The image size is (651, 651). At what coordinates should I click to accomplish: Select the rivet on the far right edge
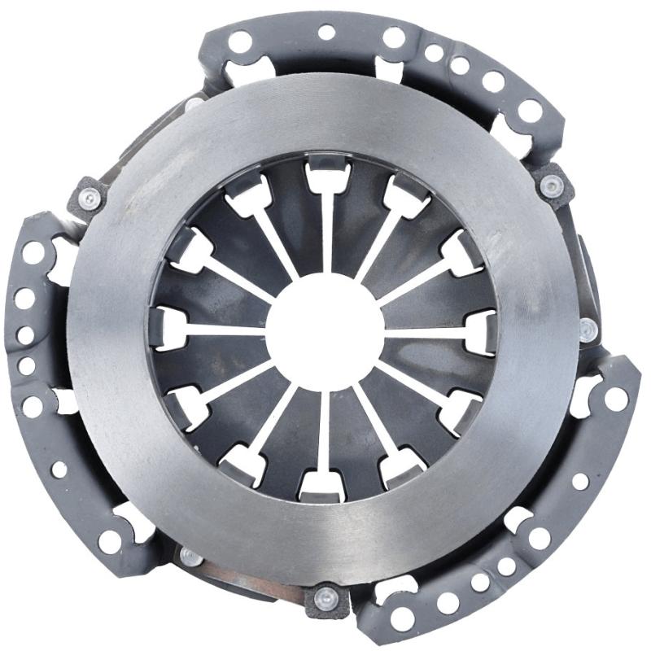click(588, 329)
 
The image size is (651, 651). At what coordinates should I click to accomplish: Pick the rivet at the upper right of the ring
click(553, 187)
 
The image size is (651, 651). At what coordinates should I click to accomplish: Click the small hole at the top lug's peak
click(326, 33)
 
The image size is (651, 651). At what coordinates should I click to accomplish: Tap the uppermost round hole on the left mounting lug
click(33, 252)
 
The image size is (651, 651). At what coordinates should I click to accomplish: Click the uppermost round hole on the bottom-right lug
click(616, 399)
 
